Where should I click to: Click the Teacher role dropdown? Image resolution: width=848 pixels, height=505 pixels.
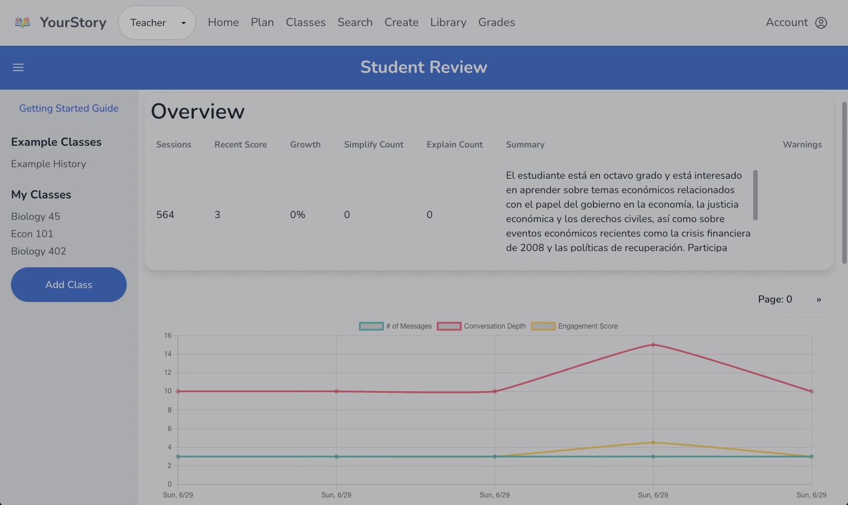point(157,23)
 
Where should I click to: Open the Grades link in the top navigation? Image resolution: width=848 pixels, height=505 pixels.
point(496,23)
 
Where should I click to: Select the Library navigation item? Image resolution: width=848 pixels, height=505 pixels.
point(448,23)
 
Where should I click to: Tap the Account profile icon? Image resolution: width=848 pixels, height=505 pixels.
point(821,23)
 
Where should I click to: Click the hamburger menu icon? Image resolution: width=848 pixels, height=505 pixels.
point(19,67)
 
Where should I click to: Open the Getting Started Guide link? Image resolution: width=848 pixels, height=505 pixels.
point(69,108)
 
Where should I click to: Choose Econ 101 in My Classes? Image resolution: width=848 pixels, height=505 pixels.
point(32,234)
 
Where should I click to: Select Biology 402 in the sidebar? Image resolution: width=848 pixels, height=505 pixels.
point(39,251)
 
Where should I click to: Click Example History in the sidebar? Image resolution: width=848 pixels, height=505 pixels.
point(49,164)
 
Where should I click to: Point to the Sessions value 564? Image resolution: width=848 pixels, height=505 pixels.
point(165,215)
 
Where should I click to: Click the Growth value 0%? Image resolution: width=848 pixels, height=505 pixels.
point(297,215)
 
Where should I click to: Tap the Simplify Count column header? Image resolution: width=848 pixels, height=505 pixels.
point(374,145)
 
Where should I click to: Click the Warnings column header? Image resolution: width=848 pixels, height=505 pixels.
point(802,145)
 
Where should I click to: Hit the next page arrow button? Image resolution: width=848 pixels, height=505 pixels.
point(818,300)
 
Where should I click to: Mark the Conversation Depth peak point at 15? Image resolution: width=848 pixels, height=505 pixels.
point(653,345)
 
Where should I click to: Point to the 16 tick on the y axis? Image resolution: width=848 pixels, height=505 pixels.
point(168,336)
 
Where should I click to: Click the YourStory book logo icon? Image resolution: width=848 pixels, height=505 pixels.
point(23,23)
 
